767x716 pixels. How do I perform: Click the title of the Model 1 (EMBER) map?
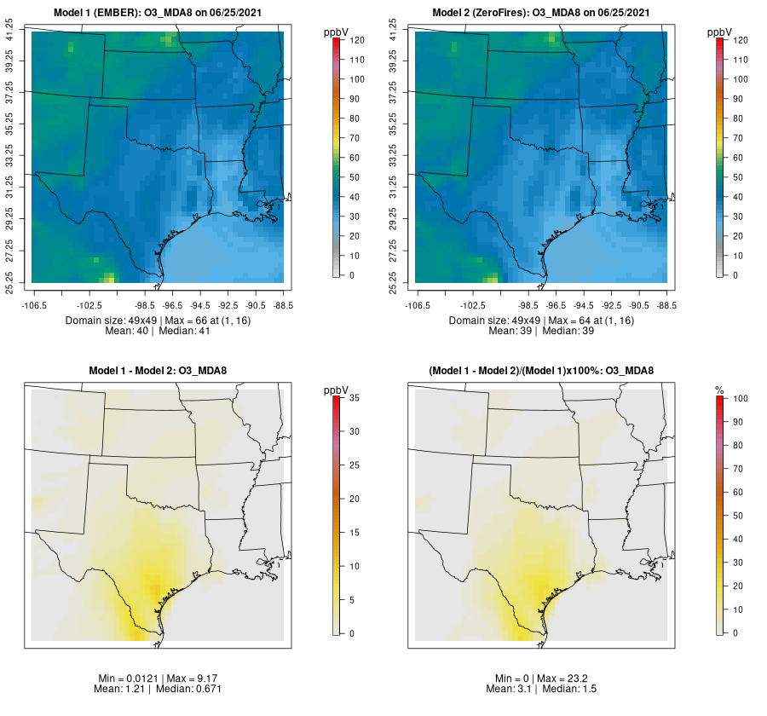click(158, 13)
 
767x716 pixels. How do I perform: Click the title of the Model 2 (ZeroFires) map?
click(541, 13)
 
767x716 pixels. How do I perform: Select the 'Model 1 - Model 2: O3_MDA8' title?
click(158, 371)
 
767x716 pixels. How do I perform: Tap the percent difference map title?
click(541, 371)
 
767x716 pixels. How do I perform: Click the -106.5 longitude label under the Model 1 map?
click(32, 304)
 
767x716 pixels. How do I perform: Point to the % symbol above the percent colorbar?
click(719, 390)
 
